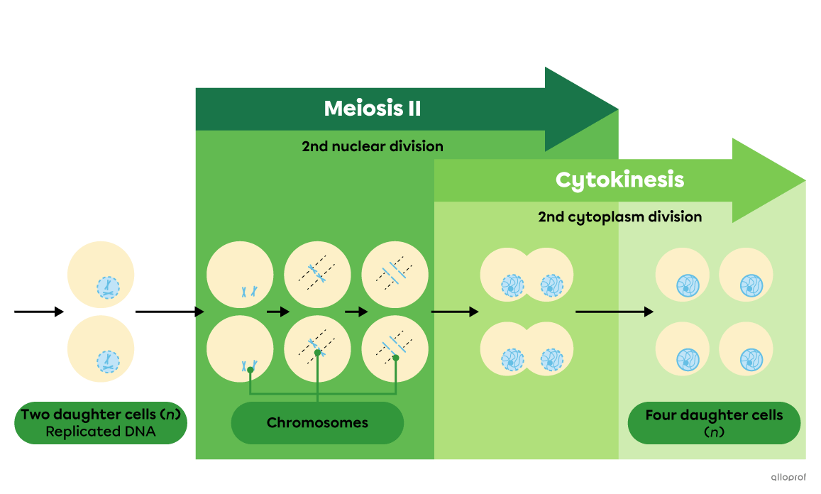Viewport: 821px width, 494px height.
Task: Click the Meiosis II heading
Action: tap(373, 109)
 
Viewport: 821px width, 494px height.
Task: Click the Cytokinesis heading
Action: tap(619, 180)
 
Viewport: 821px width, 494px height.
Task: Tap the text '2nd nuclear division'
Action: tap(373, 146)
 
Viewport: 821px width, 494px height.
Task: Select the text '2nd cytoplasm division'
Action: tap(619, 216)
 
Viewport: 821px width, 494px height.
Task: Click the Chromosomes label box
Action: tap(317, 423)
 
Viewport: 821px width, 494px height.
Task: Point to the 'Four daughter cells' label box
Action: tap(714, 423)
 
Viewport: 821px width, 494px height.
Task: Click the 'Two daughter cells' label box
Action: tap(101, 423)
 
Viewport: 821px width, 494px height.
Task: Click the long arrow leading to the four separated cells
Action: tap(614, 312)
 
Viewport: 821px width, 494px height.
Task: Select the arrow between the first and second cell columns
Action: tap(278, 312)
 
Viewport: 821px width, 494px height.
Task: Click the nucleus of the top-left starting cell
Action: tap(109, 287)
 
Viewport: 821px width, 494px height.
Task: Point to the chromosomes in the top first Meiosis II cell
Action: tap(248, 291)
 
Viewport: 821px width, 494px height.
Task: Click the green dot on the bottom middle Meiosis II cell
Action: tap(318, 352)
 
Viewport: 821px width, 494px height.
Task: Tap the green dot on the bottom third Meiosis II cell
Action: tap(396, 358)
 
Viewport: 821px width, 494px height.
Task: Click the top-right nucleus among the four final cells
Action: tap(751, 285)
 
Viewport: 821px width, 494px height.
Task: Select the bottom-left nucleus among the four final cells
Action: tap(688, 358)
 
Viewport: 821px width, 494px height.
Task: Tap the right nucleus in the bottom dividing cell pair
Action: tap(551, 359)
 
